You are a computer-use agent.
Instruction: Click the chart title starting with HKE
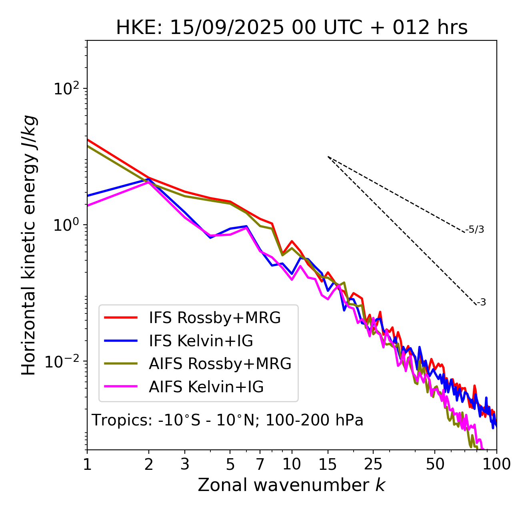pyautogui.click(x=292, y=28)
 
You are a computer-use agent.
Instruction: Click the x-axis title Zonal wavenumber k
pyautogui.click(x=291, y=485)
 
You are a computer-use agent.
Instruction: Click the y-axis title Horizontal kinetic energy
pyautogui.click(x=29, y=245)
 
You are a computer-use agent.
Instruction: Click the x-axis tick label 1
pyautogui.click(x=87, y=464)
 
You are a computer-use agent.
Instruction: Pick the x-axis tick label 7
pyautogui.click(x=260, y=464)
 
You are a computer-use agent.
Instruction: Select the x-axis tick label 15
pyautogui.click(x=328, y=464)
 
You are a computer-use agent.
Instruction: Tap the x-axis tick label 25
pyautogui.click(x=373, y=464)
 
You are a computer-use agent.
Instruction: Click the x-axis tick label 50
pyautogui.click(x=435, y=464)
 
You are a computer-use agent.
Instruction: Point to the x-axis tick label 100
pyautogui.click(x=496, y=464)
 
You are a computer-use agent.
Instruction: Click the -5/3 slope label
pyautogui.click(x=475, y=230)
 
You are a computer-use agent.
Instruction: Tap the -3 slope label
pyautogui.click(x=481, y=303)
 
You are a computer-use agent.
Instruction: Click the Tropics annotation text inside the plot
pyautogui.click(x=227, y=420)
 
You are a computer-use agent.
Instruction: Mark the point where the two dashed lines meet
pyautogui.click(x=328, y=157)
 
